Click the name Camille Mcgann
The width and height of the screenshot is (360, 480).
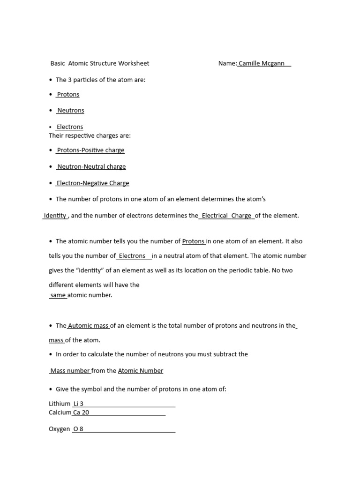pyautogui.click(x=262, y=63)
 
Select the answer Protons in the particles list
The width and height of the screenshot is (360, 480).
pyautogui.click(x=68, y=94)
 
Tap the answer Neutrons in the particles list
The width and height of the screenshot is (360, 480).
pyautogui.click(x=70, y=111)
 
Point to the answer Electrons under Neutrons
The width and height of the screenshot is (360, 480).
pyautogui.click(x=69, y=127)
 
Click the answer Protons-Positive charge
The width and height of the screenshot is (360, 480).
pyautogui.click(x=90, y=150)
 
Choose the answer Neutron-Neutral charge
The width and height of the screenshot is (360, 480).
pyautogui.click(x=91, y=167)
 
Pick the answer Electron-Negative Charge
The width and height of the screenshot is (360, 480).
pyautogui.click(x=93, y=183)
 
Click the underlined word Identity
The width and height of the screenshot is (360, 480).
pyautogui.click(x=55, y=216)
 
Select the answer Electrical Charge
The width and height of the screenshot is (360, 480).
pyautogui.click(x=226, y=216)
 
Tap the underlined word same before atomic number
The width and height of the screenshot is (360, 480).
pyautogui.click(x=58, y=295)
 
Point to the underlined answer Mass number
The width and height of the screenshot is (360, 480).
pyautogui.click(x=70, y=371)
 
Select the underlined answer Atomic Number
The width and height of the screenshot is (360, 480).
pyautogui.click(x=141, y=371)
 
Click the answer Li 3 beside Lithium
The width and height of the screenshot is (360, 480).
pyautogui.click(x=78, y=404)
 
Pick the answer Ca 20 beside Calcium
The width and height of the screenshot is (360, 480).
pyautogui.click(x=81, y=412)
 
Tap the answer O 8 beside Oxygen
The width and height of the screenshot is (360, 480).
pyautogui.click(x=78, y=429)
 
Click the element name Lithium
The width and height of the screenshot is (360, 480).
pyautogui.click(x=60, y=404)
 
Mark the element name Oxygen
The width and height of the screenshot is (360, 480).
pyautogui.click(x=59, y=429)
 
